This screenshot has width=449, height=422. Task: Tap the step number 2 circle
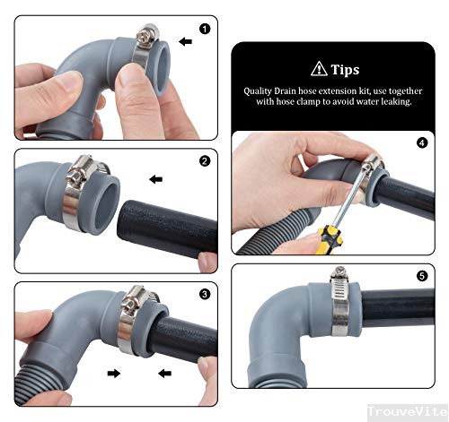pyautogui.click(x=205, y=162)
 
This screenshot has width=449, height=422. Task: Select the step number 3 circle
pyautogui.click(x=205, y=293)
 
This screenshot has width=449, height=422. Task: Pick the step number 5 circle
pyautogui.click(x=422, y=276)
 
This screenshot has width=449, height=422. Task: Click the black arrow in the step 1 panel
pyautogui.click(x=185, y=41)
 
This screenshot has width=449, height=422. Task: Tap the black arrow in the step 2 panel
pyautogui.click(x=156, y=179)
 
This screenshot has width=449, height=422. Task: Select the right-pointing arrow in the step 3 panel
pyautogui.click(x=114, y=371)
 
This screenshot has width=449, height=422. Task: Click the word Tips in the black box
pyautogui.click(x=345, y=69)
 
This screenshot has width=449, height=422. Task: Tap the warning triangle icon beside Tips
pyautogui.click(x=318, y=69)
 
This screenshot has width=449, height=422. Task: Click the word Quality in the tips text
pyautogui.click(x=260, y=91)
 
